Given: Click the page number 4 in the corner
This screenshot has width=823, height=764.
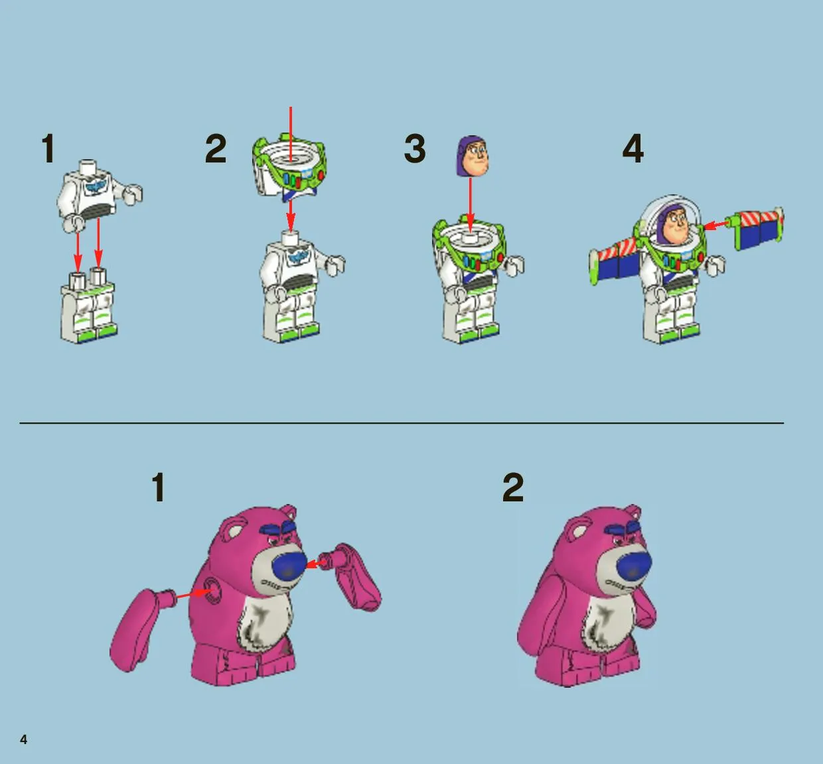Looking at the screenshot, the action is tap(24, 739).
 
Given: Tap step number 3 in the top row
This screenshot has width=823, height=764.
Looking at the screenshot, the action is tap(415, 149).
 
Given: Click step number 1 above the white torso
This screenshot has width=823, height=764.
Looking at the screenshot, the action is tap(48, 149).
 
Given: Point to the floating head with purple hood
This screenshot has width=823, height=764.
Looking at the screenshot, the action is tap(473, 156).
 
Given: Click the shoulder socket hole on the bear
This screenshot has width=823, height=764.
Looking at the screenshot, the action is tap(213, 590).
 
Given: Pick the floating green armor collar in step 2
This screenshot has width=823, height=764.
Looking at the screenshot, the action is tap(289, 168).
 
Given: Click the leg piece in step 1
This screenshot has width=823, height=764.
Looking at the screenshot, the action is tap(89, 306).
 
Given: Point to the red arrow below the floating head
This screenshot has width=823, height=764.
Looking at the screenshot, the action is tap(470, 207).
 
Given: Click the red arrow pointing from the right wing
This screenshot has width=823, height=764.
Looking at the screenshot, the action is tap(717, 225).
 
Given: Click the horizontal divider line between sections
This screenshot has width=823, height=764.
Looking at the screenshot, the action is tap(402, 423).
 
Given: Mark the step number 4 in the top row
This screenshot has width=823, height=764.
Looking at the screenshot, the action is tap(633, 149).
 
